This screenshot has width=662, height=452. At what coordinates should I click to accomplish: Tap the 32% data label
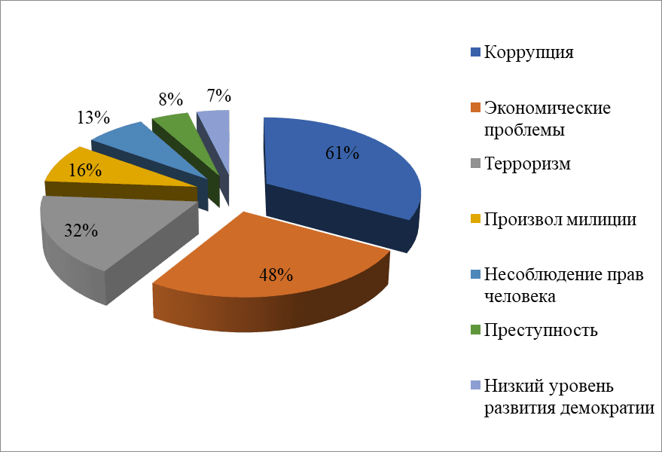81,231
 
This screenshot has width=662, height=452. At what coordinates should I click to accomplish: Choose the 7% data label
218,96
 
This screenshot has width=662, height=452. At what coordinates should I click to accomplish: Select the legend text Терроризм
527,163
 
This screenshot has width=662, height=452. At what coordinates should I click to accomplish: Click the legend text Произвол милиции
560,219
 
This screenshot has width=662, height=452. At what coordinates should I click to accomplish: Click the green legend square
474,331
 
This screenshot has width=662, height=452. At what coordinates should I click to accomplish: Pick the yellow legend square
474,220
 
